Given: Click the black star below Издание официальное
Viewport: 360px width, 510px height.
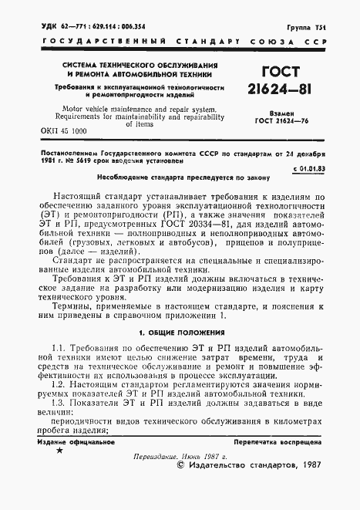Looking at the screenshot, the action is pyautogui.click(x=59, y=470).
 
